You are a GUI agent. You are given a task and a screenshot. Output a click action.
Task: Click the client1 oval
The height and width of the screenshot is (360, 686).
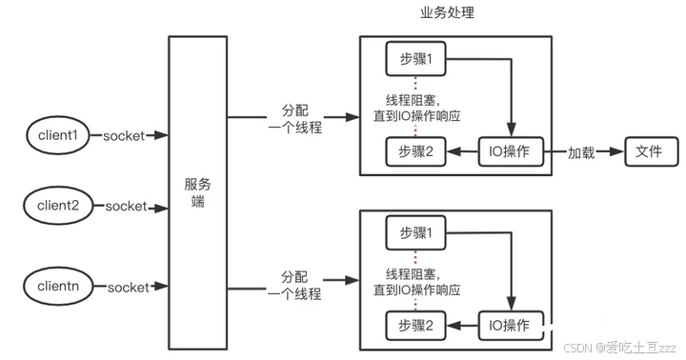pyautogui.click(x=57, y=135)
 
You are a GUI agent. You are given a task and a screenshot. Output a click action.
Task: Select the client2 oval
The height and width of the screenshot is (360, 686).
pyautogui.click(x=57, y=206)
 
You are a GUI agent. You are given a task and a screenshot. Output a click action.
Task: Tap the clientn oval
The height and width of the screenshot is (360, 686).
pyautogui.click(x=57, y=287)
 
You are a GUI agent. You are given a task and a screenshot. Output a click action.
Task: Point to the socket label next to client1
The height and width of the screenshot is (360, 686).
pyautogui.click(x=124, y=135)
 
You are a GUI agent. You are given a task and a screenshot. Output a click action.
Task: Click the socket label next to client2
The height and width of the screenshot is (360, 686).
pyautogui.click(x=126, y=206)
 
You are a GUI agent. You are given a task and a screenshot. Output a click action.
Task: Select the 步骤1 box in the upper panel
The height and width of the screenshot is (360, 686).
pyautogui.click(x=415, y=59)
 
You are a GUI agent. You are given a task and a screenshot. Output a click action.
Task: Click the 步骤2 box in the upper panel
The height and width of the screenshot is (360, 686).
pyautogui.click(x=415, y=152)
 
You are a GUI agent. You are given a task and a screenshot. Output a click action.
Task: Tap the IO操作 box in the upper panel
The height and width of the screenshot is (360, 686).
pyautogui.click(x=510, y=152)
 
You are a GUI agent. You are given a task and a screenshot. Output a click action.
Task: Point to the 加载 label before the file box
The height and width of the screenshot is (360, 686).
pyautogui.click(x=582, y=152)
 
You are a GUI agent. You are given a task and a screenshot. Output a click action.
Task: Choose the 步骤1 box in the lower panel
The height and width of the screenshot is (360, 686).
pyautogui.click(x=415, y=232)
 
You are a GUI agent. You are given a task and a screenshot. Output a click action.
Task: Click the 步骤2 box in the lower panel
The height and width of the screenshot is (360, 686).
pyautogui.click(x=415, y=326)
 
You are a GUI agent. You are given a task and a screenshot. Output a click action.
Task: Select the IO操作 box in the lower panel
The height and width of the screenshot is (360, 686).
pyautogui.click(x=510, y=326)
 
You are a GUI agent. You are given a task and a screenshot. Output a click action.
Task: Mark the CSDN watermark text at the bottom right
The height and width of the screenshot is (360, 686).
pyautogui.click(x=618, y=348)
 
